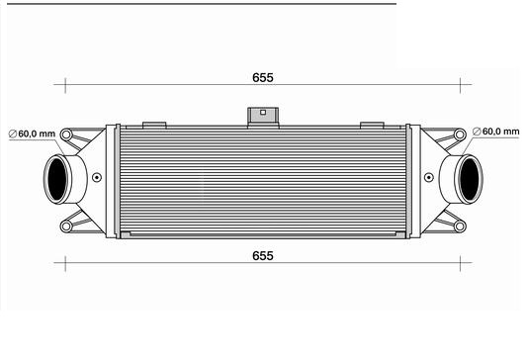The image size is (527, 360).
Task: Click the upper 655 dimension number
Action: [262, 76]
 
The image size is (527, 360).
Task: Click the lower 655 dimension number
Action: [262, 255]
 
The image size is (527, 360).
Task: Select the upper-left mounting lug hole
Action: [66, 134]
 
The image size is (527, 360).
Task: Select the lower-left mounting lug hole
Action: [66, 225]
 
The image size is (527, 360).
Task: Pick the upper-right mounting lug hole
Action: [460, 134]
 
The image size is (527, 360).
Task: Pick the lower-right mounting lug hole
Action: [460, 225]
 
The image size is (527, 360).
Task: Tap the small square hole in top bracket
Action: [263, 112]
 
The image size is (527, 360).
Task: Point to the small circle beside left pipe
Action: [97, 179]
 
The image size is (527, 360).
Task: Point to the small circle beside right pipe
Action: [429, 179]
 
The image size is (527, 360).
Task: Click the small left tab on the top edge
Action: [154, 124]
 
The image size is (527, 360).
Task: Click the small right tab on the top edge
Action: [372, 124]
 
